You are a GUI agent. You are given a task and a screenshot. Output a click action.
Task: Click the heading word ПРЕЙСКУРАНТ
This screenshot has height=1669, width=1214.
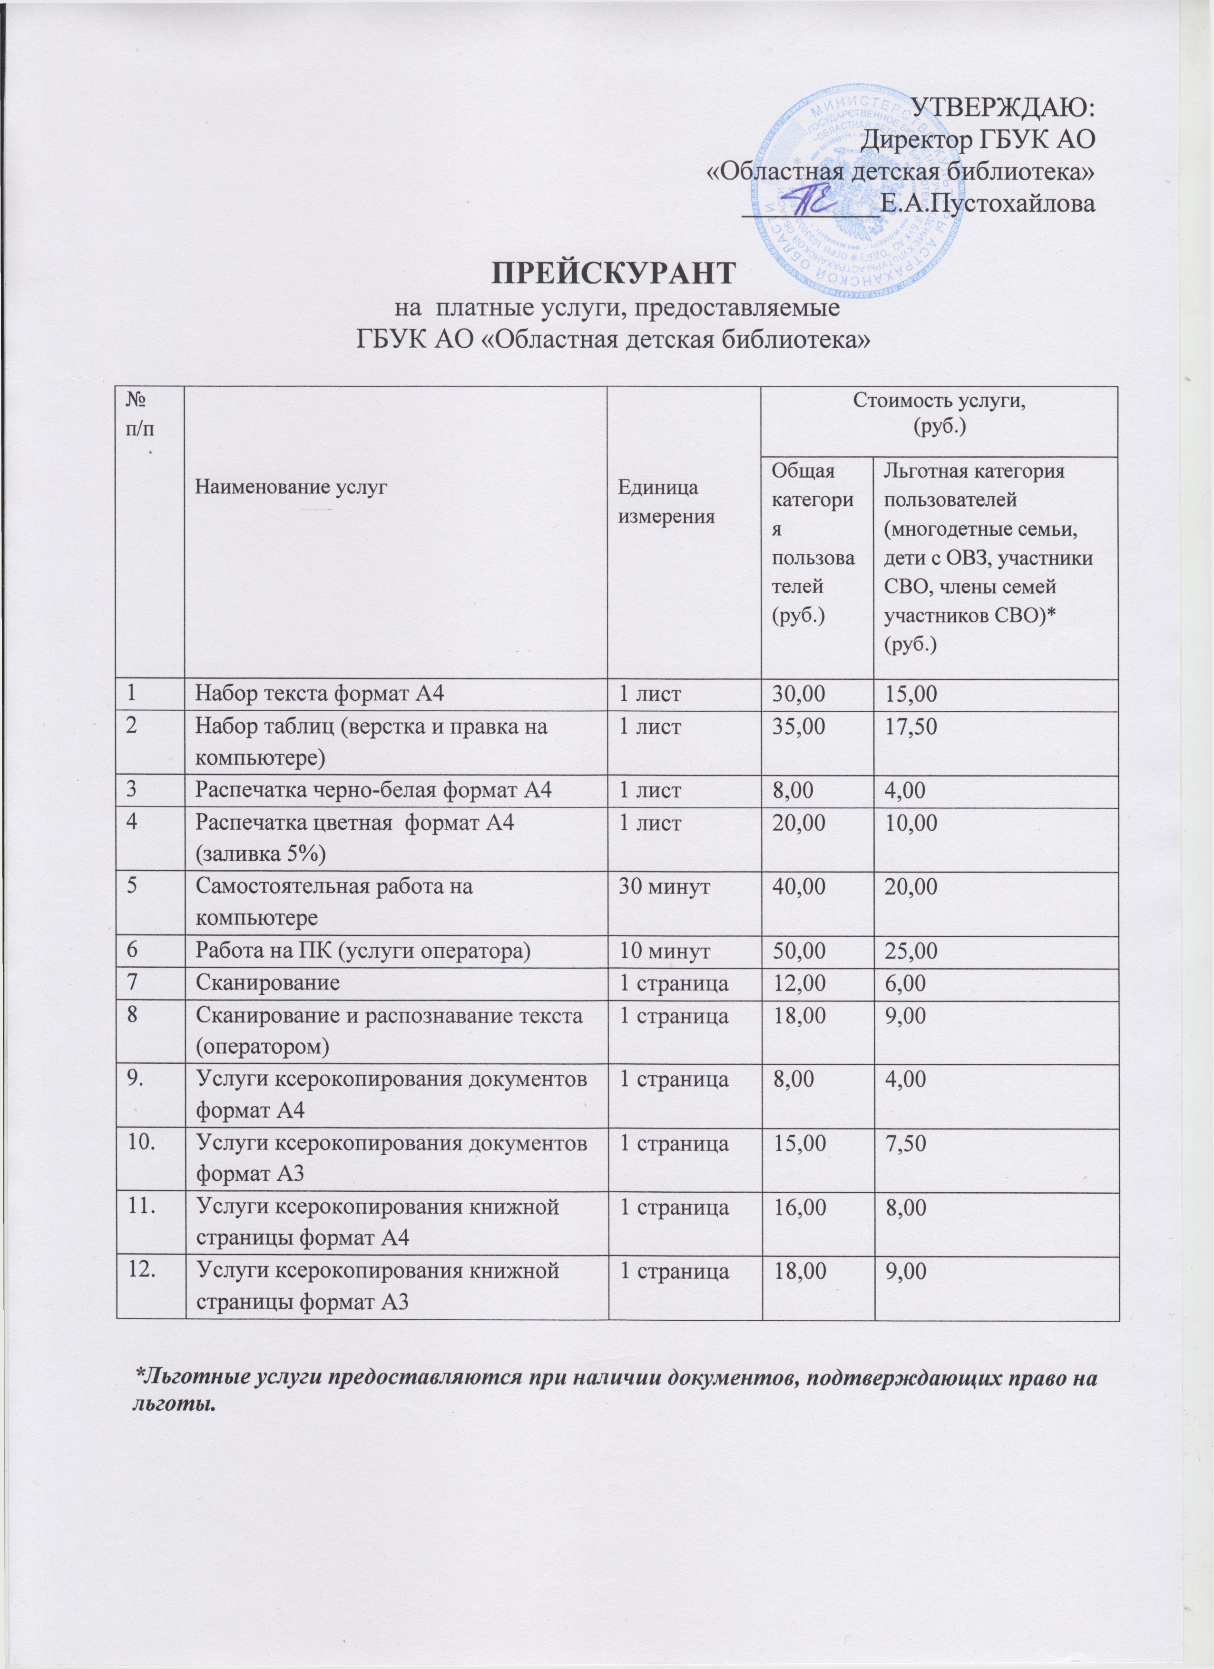[x=613, y=272]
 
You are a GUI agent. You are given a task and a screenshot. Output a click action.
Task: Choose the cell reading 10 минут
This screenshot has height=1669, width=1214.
[x=665, y=952]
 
